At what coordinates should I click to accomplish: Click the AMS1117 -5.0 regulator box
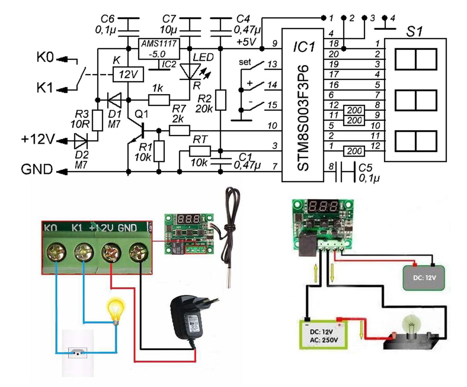[159, 49]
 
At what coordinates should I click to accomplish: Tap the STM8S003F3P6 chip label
[303, 117]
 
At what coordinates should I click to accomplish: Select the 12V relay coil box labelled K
[128, 75]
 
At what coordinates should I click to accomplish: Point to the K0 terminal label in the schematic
[45, 57]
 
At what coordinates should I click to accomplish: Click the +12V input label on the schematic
[38, 139]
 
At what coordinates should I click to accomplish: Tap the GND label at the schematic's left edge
[37, 169]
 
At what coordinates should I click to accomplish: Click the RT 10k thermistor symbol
[200, 151]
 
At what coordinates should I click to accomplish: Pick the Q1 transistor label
[141, 114]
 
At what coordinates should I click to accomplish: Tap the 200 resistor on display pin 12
[354, 151]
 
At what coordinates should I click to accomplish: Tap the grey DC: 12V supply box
[424, 278]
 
